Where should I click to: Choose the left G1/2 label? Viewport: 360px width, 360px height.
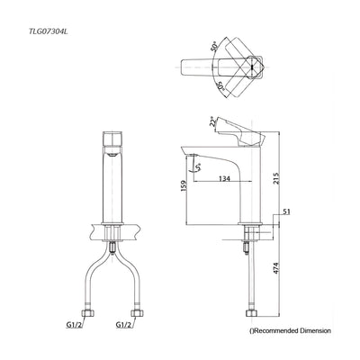click(x=75, y=327)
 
